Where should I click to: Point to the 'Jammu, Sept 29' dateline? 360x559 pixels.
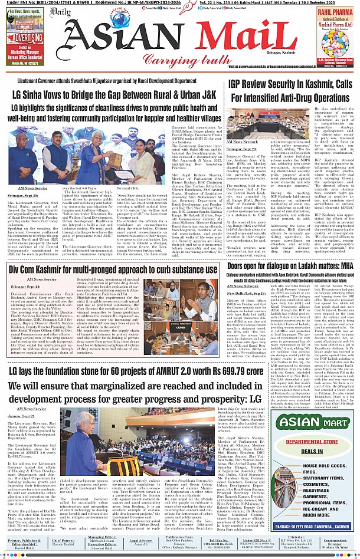[x=23, y=416]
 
